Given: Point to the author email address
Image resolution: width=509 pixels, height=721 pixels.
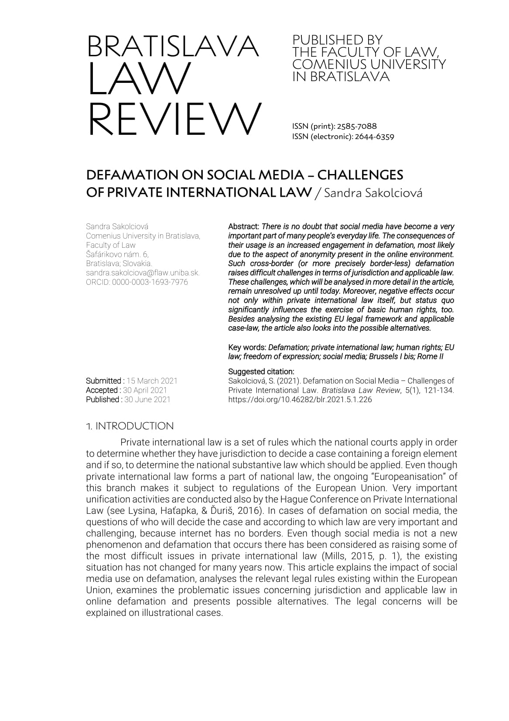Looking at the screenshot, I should click(143, 273).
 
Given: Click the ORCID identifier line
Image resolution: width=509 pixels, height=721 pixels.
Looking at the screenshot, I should click(137, 282).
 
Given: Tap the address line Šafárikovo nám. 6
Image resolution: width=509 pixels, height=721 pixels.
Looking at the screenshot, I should click(118, 254).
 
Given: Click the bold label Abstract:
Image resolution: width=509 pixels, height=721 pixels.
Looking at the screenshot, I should click(244, 227).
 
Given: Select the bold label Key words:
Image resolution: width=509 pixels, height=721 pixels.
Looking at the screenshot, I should click(247, 348).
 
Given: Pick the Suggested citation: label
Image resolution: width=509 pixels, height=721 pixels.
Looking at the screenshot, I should click(261, 372).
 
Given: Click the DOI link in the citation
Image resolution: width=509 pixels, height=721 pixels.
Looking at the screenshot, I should click(300, 400).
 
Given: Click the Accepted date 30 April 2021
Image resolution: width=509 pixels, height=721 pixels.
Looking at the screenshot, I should click(145, 390).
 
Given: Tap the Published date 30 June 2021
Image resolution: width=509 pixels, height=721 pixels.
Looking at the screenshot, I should click(147, 400).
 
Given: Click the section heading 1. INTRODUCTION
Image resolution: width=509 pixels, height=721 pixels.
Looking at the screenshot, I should click(130, 426).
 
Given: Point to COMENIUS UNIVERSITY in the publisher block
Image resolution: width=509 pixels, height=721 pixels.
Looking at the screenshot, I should click(369, 65).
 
